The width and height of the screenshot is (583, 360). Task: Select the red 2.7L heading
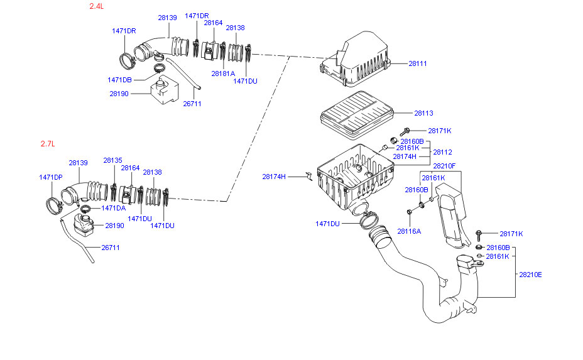point(48,144)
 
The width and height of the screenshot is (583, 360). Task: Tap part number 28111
point(417,63)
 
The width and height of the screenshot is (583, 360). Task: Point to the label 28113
point(423,114)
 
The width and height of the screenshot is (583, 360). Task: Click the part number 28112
point(442,152)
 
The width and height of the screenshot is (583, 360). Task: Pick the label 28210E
point(530,275)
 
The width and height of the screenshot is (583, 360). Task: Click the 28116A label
point(409,231)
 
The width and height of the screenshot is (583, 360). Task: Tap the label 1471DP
point(51,177)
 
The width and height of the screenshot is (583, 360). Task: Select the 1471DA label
point(113,208)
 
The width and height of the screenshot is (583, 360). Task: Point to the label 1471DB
point(119,80)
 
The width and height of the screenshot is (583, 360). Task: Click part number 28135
point(112,160)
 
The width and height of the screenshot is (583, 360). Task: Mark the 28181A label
point(223,74)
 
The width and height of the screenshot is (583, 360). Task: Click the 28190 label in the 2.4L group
point(119,94)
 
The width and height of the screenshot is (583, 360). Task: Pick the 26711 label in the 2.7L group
point(110,248)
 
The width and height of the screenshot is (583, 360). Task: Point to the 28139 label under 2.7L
point(78,163)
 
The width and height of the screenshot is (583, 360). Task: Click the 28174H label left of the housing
point(274,177)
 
